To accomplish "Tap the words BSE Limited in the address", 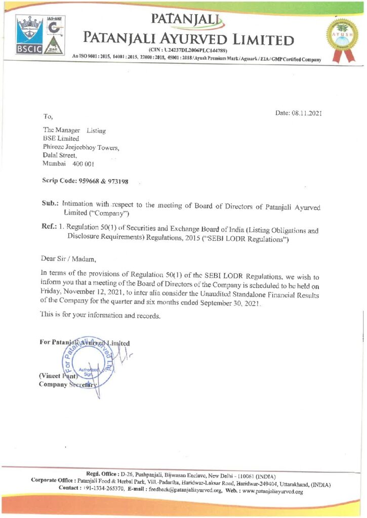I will pos(61,139).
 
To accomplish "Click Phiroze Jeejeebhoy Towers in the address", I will pos(81,147).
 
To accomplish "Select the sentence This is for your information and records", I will pos(100,316).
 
